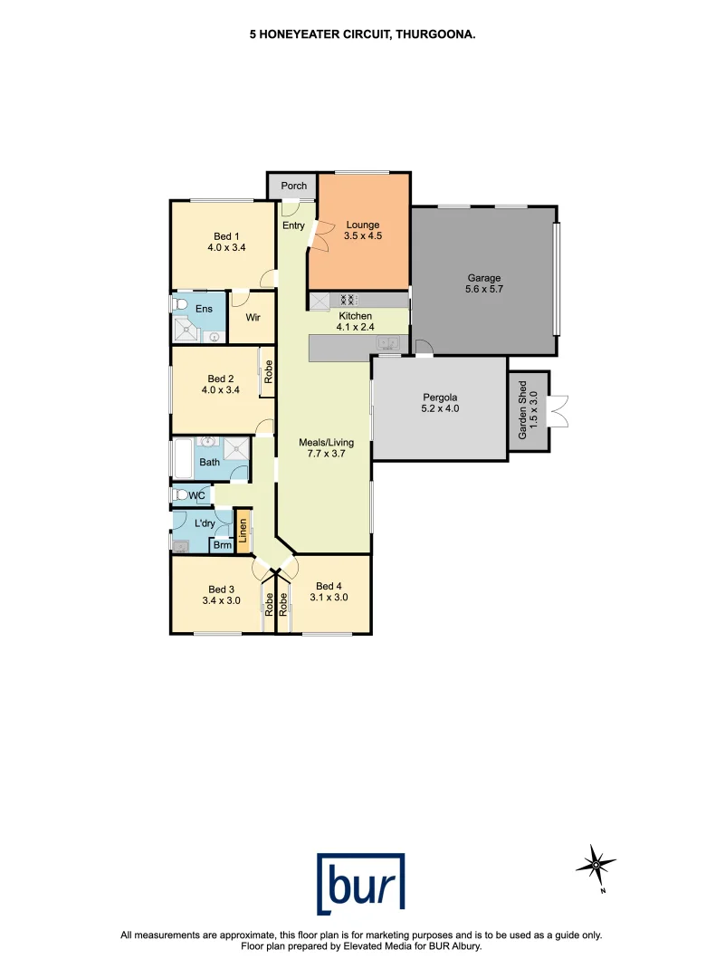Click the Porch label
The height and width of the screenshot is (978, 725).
click(x=293, y=186)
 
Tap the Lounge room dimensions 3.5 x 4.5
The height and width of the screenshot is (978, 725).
click(x=362, y=237)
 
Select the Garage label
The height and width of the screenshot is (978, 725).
click(x=483, y=278)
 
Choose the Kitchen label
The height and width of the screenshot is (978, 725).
click(x=355, y=316)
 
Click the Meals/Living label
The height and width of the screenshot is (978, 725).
click(x=326, y=443)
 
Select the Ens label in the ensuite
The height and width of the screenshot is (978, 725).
click(x=205, y=308)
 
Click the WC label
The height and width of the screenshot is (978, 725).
click(x=197, y=495)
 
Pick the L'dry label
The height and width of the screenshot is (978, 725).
click(x=205, y=523)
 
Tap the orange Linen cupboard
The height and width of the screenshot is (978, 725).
click(x=243, y=532)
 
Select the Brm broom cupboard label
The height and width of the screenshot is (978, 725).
click(x=221, y=545)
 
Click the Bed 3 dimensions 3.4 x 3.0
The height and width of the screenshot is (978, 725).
click(x=221, y=599)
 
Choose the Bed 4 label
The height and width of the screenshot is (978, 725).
click(x=329, y=585)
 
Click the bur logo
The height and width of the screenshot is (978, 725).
click(x=361, y=884)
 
